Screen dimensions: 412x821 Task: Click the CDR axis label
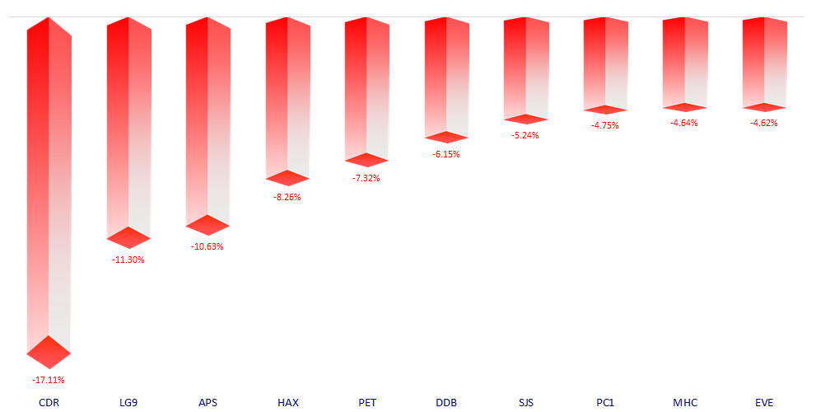[x=49, y=402]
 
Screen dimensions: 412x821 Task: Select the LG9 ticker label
[x=128, y=402]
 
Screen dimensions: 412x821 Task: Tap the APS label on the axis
[x=208, y=402]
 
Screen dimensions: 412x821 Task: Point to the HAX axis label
[x=288, y=402]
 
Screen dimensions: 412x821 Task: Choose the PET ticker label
[x=367, y=402]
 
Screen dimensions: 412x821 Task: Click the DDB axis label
[x=446, y=402]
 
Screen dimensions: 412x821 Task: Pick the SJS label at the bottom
[x=526, y=402]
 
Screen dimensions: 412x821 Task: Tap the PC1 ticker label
[x=605, y=402]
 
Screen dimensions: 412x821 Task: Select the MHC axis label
[x=684, y=402]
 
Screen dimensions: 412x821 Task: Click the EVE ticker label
[x=764, y=402]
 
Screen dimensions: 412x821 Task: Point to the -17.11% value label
[x=49, y=380]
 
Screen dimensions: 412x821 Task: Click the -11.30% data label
[x=128, y=260]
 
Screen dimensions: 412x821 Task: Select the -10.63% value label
[x=208, y=246]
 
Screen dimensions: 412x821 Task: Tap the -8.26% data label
[x=287, y=197]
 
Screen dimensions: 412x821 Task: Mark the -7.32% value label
[x=366, y=178]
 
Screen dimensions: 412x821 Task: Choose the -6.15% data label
[x=446, y=154]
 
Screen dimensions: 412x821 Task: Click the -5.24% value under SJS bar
[x=525, y=135]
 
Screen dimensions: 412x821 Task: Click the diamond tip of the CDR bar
[x=49, y=353]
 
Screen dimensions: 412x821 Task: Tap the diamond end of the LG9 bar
[x=128, y=237]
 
